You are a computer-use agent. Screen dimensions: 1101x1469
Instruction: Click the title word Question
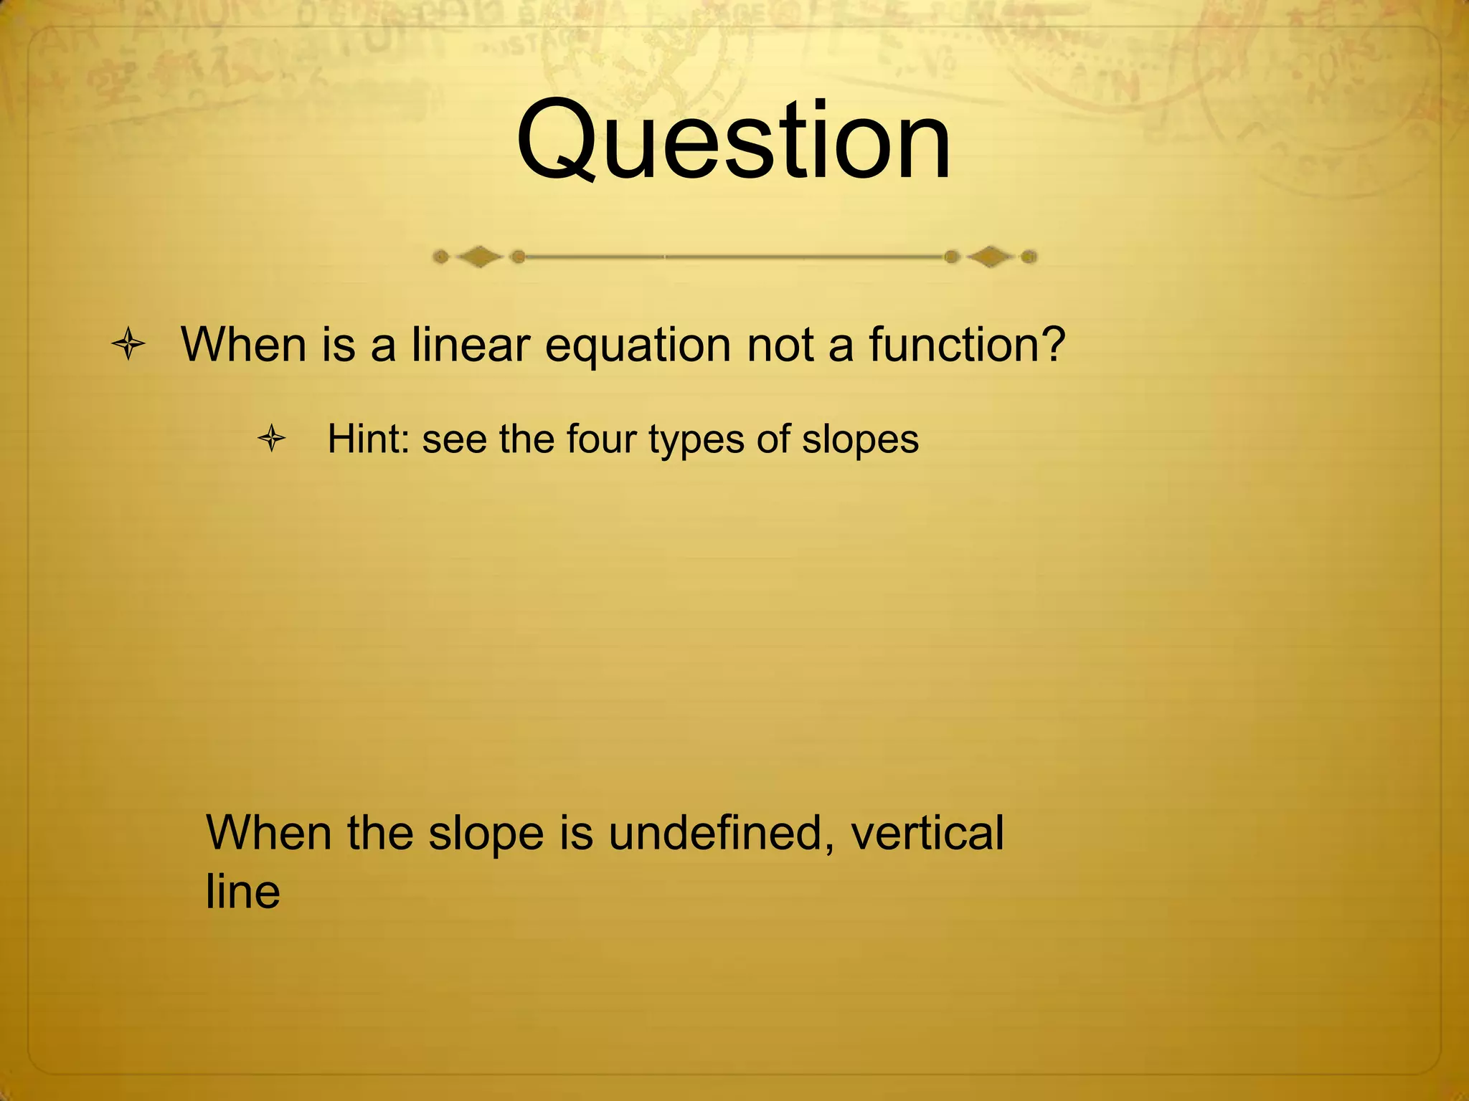[733, 141]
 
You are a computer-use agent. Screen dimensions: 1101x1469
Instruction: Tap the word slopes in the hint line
[860, 440]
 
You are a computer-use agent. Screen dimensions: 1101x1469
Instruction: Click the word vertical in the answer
[927, 833]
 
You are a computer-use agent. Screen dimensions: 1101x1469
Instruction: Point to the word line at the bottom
[242, 892]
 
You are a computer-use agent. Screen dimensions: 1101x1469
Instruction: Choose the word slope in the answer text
[486, 834]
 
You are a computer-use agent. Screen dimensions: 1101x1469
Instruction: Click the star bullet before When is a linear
[129, 345]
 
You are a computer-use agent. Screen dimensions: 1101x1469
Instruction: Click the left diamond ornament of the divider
[479, 256]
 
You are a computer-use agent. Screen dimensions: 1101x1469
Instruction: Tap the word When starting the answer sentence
[269, 833]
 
